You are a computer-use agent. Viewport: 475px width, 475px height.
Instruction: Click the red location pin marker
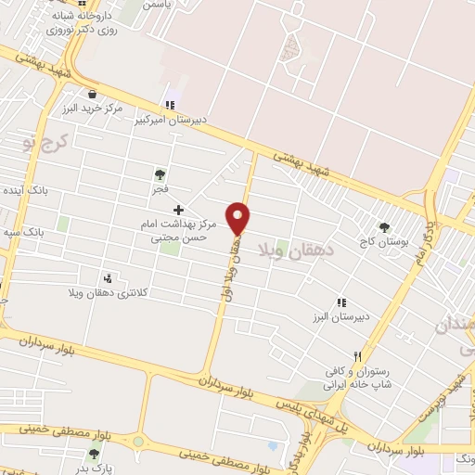point(239,216)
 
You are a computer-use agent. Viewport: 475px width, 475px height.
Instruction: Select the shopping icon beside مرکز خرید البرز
point(92,94)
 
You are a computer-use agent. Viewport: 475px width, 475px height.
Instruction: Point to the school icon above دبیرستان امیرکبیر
point(169,105)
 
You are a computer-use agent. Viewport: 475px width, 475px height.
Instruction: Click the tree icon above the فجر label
point(160,173)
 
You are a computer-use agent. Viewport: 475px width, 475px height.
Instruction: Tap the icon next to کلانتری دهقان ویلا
point(109,277)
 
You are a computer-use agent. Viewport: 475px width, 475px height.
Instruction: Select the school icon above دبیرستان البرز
point(341,302)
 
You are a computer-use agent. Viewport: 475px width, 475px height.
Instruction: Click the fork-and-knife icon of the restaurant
point(358,356)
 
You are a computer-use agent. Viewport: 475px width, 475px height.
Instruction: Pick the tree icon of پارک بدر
point(93,455)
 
